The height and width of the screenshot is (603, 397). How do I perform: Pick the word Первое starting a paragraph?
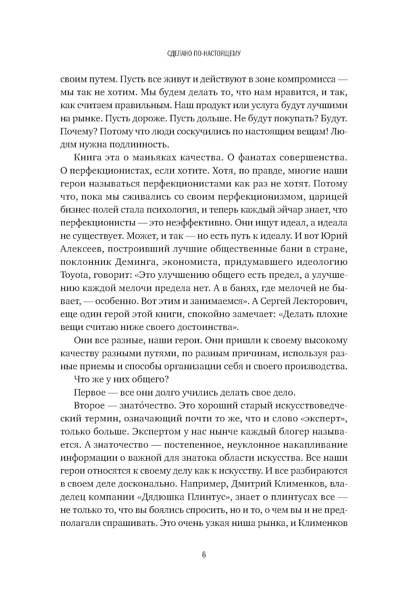point(89,392)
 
